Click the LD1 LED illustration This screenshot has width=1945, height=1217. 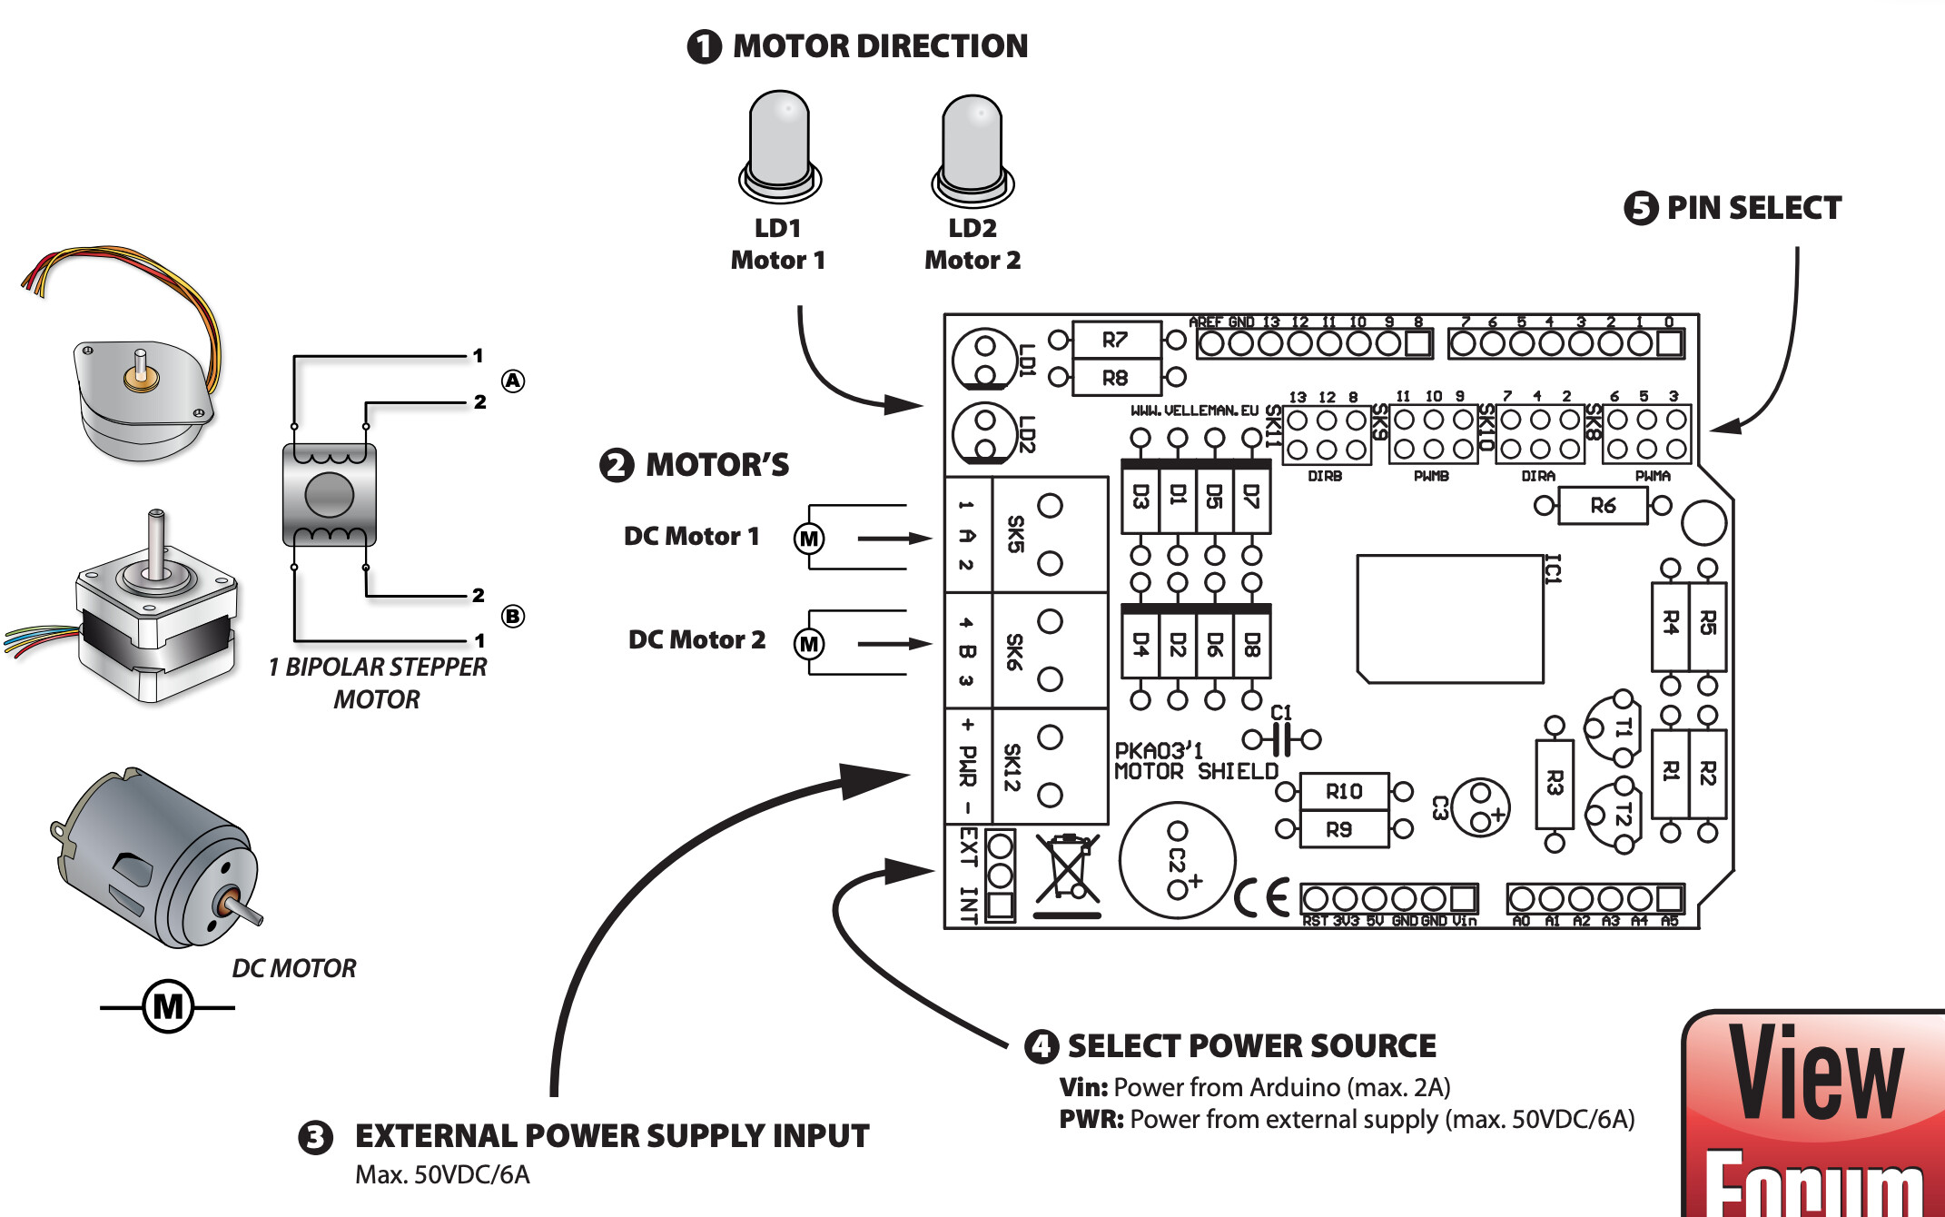pyautogui.click(x=780, y=145)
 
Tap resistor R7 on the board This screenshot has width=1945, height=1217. pyautogui.click(x=1116, y=340)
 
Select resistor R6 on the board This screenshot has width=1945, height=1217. pyautogui.click(x=1602, y=506)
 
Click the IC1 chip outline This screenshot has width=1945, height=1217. pyautogui.click(x=1450, y=618)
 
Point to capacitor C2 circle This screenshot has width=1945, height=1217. pyautogui.click(x=1177, y=859)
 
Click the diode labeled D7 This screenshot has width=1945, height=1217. pyautogui.click(x=1251, y=498)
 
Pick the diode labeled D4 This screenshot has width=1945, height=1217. pyautogui.click(x=1140, y=644)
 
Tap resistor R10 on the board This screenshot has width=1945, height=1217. pyautogui.click(x=1344, y=792)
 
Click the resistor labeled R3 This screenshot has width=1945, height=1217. pyautogui.click(x=1554, y=784)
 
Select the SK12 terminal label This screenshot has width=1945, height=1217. pyautogui.click(x=1012, y=767)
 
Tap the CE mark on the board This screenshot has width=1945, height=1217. pyautogui.click(x=1262, y=899)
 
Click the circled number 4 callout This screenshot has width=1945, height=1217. pyautogui.click(x=1041, y=1046)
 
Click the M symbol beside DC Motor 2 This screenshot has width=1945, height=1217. pyautogui.click(x=808, y=644)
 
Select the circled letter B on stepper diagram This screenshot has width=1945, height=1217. pyautogui.click(x=513, y=616)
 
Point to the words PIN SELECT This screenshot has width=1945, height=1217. pyautogui.click(x=1753, y=208)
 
